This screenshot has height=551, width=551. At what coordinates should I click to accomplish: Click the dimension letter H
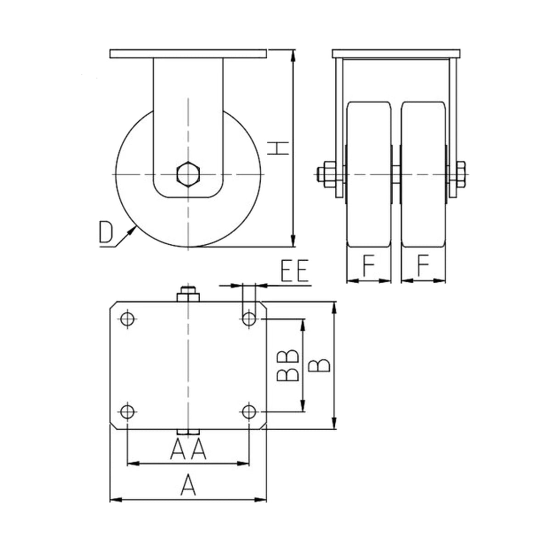coord(278,148)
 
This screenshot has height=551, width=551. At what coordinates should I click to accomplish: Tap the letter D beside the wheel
coord(106,232)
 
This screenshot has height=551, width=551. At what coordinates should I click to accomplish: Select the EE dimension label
coord(295,270)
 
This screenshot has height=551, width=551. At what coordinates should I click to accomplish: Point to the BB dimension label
coord(288,365)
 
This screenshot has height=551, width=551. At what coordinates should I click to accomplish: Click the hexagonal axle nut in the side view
coord(188,174)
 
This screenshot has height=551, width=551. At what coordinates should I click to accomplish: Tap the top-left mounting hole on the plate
coord(128,319)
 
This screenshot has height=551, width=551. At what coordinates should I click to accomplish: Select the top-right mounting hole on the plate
coord(249,319)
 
